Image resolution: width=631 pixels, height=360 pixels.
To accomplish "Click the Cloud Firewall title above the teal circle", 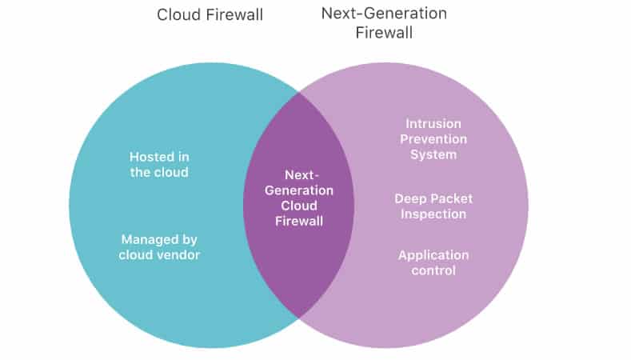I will coord(210,14).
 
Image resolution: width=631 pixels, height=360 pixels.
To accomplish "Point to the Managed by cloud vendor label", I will coord(159,247).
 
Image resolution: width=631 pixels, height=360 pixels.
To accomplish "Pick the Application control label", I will coord(433,263).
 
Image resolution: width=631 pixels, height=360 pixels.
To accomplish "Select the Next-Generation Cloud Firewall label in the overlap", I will coord(298,198).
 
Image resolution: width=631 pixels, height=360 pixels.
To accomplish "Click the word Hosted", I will coord(148,157).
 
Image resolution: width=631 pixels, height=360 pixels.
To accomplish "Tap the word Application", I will coord(433,255).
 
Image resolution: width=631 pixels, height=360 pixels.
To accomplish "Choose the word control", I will coord(433,271).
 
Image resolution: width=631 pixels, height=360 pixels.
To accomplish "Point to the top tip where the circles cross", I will coord(299,93).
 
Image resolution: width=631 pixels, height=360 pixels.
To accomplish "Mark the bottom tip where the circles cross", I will coord(299,318).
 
